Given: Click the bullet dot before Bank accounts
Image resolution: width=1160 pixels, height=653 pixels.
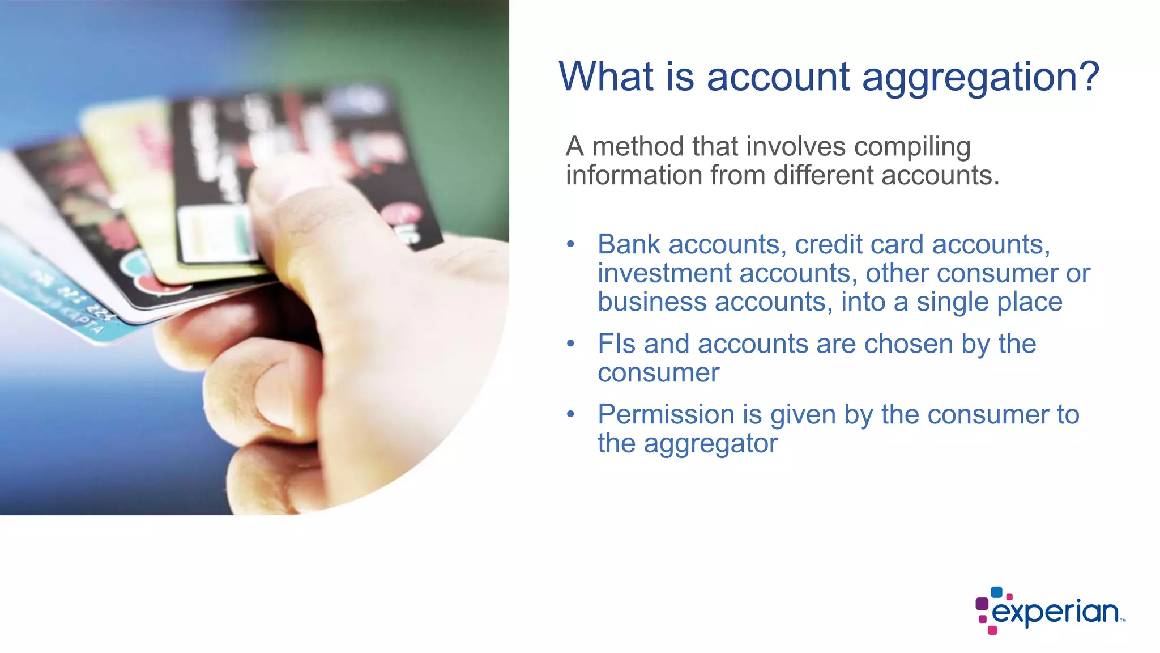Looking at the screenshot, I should [570, 245].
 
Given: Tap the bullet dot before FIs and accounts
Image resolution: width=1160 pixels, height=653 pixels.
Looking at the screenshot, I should [570, 344].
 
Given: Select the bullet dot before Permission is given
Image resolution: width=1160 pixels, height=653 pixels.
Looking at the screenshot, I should [570, 415].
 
